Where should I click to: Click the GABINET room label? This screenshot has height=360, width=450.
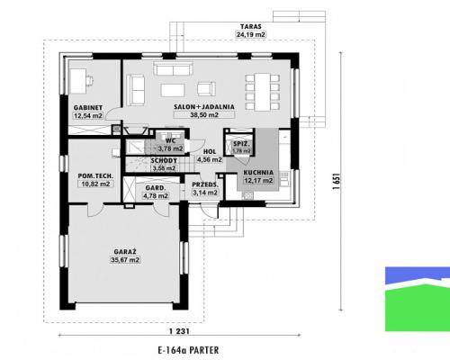(x=88, y=107)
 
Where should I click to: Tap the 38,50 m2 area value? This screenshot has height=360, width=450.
(x=204, y=114)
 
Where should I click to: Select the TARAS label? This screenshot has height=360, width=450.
(x=251, y=26)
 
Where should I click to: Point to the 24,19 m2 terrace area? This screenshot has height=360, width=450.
(x=251, y=34)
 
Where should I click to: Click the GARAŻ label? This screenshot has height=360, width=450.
(x=125, y=252)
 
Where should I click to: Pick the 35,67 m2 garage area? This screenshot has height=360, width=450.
(x=125, y=260)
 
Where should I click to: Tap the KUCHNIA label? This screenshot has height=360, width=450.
(x=258, y=173)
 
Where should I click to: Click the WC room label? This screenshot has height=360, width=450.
(x=170, y=140)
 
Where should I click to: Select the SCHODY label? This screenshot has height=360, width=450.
(x=164, y=161)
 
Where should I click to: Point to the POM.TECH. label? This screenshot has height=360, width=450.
(x=95, y=175)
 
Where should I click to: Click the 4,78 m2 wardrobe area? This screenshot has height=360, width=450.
(x=156, y=196)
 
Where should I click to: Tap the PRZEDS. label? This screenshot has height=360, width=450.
(x=205, y=184)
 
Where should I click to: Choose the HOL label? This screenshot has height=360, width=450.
(x=210, y=152)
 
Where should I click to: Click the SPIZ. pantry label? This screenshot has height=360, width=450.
(x=241, y=144)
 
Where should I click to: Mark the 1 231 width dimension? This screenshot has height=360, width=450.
(x=179, y=331)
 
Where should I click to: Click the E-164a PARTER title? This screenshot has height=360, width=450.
(x=188, y=350)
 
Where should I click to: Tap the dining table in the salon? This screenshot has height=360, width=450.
(x=263, y=92)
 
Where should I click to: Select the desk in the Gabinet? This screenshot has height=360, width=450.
(x=77, y=81)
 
